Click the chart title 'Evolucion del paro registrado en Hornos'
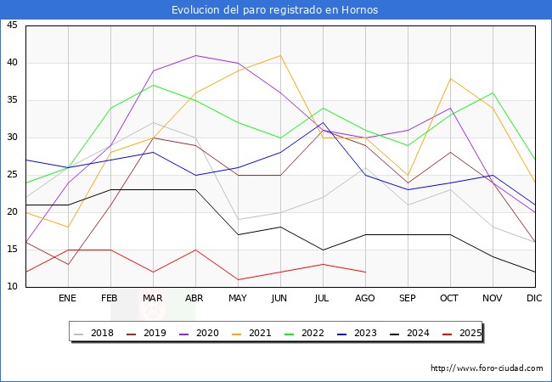[x=275, y=10]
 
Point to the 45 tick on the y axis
[x=12, y=25]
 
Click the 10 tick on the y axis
[x=12, y=287]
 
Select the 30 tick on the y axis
[x=12, y=138]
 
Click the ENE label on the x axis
[x=68, y=299]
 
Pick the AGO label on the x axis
[x=365, y=299]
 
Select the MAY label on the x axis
[x=238, y=299]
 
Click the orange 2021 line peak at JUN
[x=280, y=55]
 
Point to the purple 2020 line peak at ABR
[x=195, y=55]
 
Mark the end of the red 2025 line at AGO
[x=365, y=272]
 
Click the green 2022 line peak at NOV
[x=493, y=93]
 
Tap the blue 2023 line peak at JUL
[x=323, y=122]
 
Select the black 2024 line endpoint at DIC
[x=535, y=272]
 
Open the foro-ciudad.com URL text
[x=487, y=368]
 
